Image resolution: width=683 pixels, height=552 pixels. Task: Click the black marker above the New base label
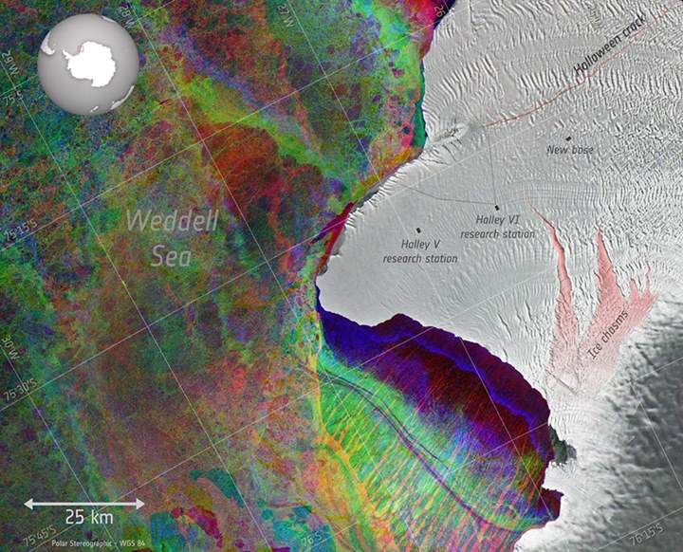click(x=569, y=138)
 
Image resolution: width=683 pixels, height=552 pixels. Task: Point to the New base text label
click(x=570, y=150)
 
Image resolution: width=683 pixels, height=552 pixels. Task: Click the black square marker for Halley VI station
click(x=497, y=207)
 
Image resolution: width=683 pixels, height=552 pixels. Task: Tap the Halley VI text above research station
click(x=495, y=220)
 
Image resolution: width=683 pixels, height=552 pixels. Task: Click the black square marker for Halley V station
click(x=418, y=230)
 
